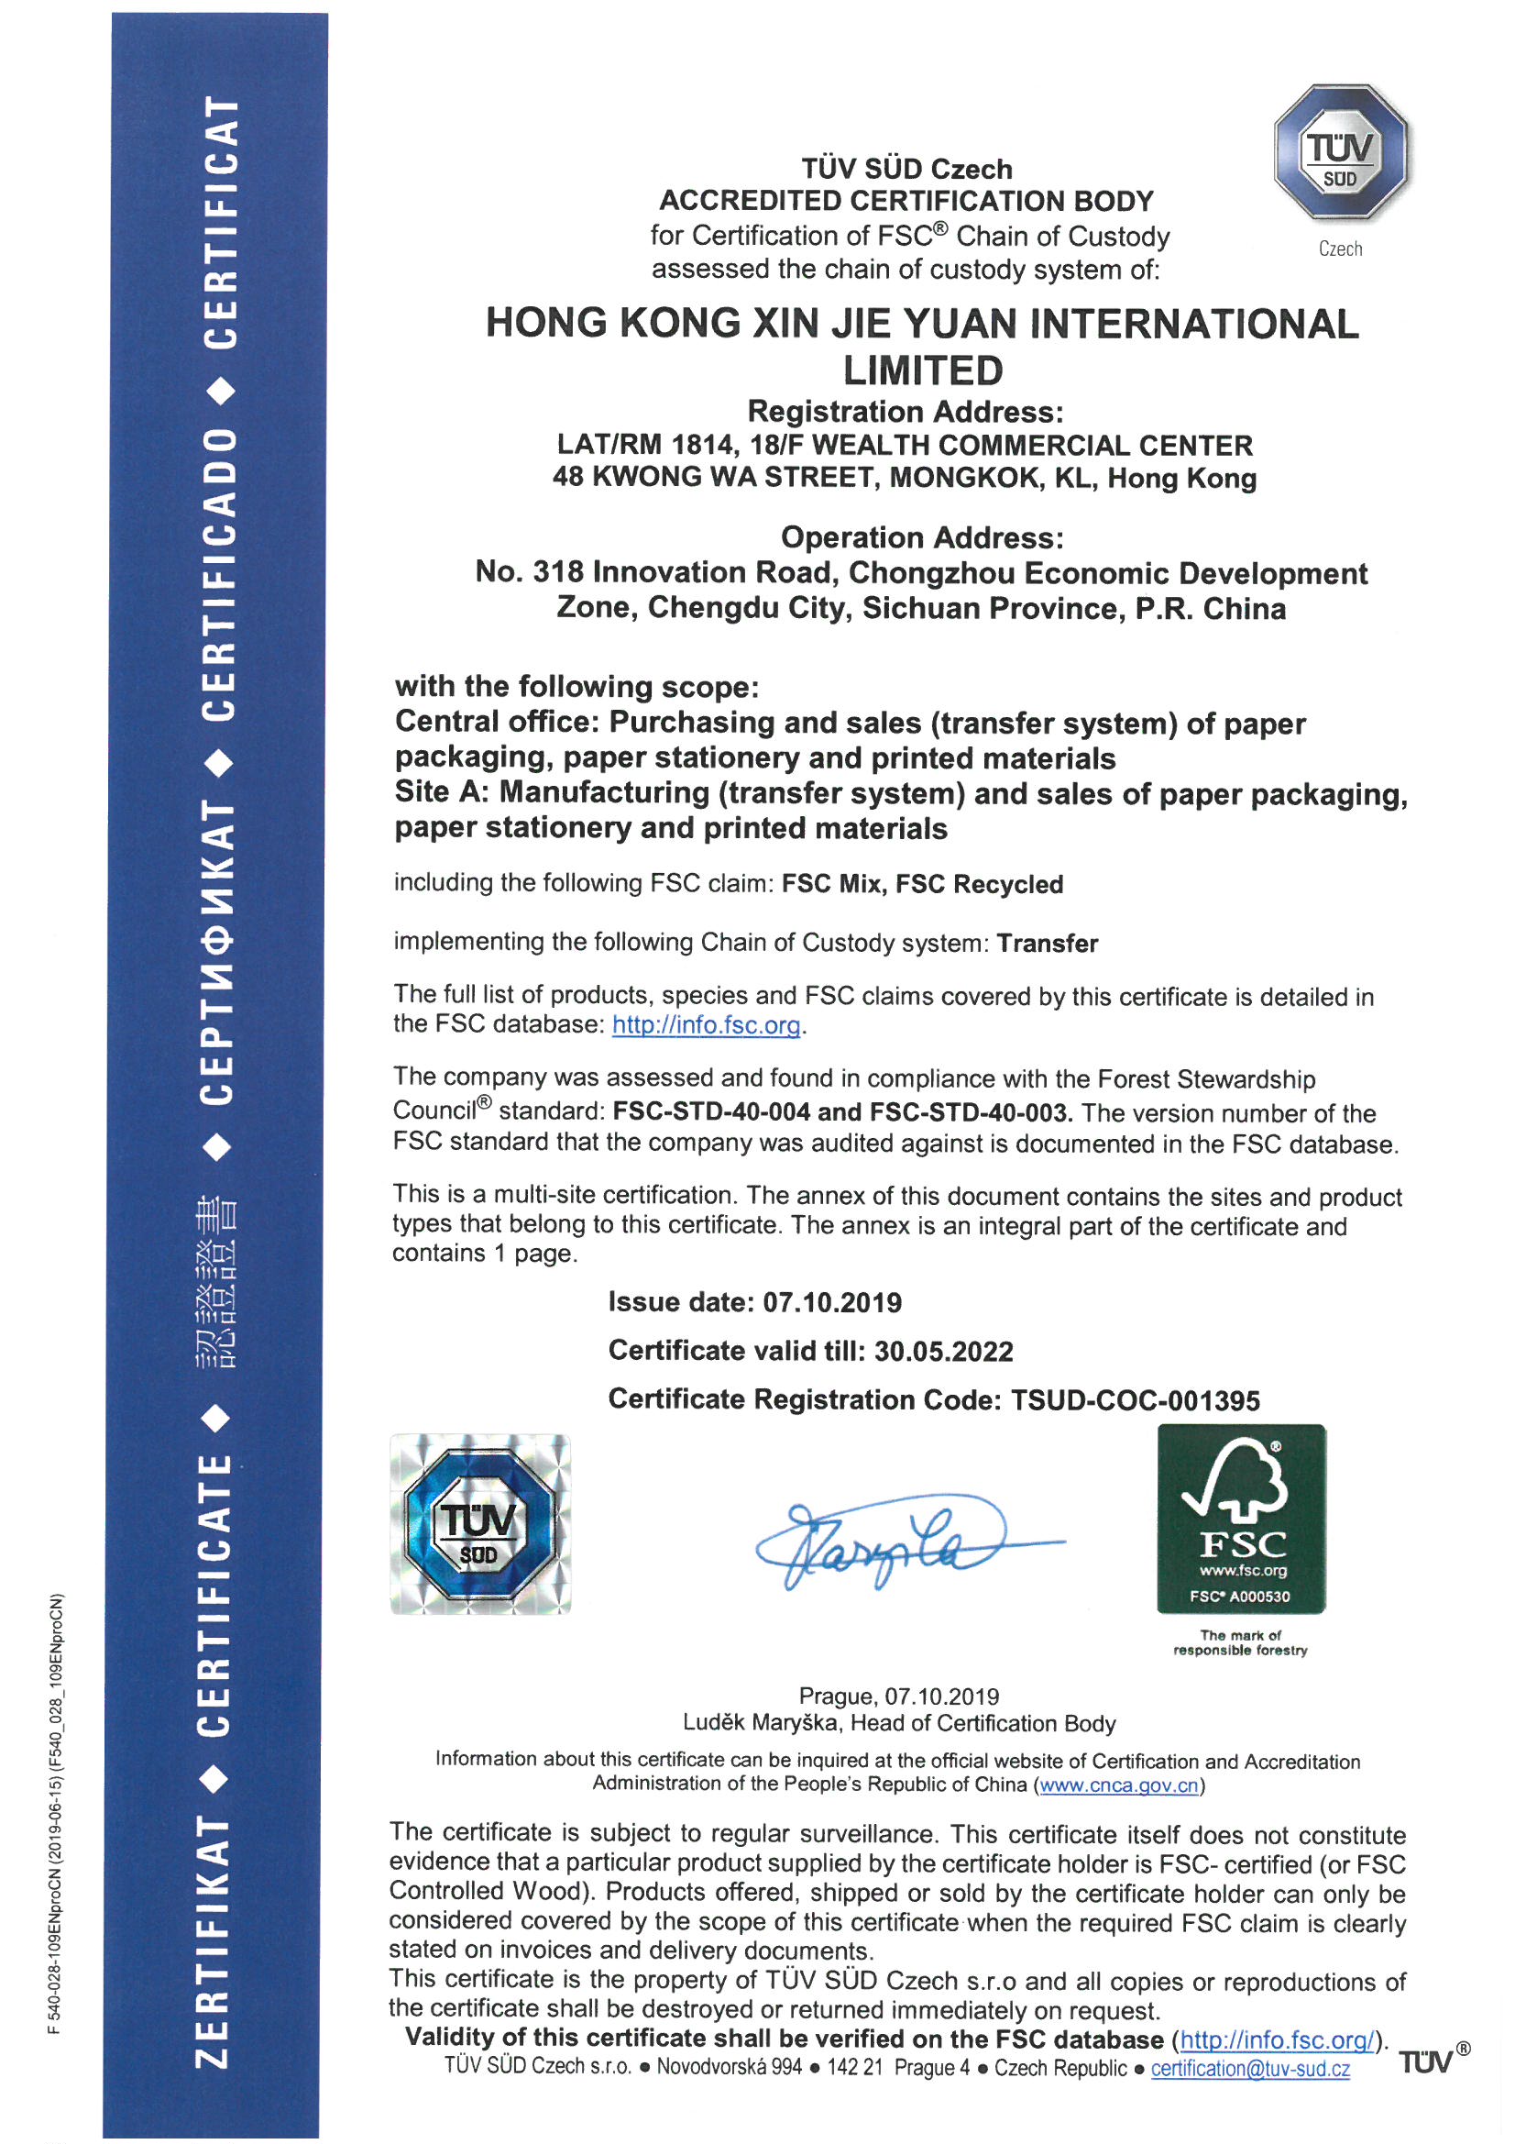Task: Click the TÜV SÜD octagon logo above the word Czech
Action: point(1341,151)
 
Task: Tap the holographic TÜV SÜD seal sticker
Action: point(480,1523)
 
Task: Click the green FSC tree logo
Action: point(1241,1519)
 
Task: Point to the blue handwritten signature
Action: point(896,1541)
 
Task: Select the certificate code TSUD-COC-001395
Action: point(1135,1399)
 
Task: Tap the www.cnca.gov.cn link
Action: point(1118,1785)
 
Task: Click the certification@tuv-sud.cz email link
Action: point(1250,2069)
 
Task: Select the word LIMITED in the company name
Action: point(922,370)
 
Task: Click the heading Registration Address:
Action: point(905,412)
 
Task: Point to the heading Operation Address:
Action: point(921,538)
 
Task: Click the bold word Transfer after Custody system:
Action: point(1047,943)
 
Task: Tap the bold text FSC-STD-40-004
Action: point(710,1112)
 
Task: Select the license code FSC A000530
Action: point(1240,1596)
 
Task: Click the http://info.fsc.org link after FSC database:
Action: point(706,1024)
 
